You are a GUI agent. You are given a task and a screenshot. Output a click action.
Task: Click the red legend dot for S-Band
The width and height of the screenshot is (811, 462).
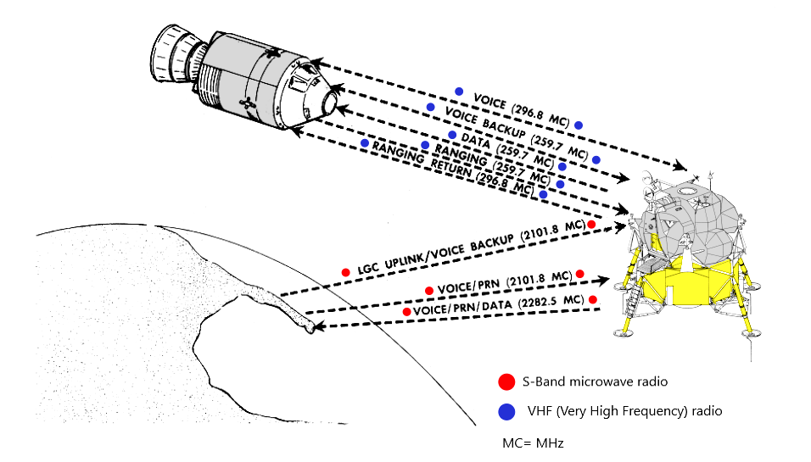[507, 381]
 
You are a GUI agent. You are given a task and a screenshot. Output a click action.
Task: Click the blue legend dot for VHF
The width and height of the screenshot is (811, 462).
[507, 411]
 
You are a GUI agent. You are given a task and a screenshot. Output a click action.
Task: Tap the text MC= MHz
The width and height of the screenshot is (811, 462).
[534, 443]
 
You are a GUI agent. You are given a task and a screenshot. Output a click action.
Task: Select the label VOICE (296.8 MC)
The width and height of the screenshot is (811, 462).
[519, 108]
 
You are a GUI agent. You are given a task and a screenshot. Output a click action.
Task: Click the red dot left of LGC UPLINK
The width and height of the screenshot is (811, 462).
[345, 272]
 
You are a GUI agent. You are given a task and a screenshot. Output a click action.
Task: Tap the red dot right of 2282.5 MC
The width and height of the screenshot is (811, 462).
[593, 300]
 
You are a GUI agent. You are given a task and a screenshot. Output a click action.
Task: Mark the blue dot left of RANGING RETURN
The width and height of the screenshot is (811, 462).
[365, 143]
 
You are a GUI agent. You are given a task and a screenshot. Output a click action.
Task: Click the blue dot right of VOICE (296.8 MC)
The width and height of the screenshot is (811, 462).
[579, 125]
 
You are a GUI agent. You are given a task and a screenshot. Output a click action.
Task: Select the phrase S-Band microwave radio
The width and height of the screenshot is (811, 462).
[582, 381]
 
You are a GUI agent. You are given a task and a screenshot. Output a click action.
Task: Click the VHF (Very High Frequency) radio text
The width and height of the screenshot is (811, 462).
[624, 411]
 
